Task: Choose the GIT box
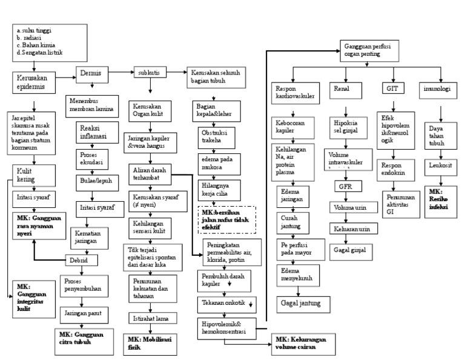point(391,89)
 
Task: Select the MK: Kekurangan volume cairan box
point(300,344)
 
